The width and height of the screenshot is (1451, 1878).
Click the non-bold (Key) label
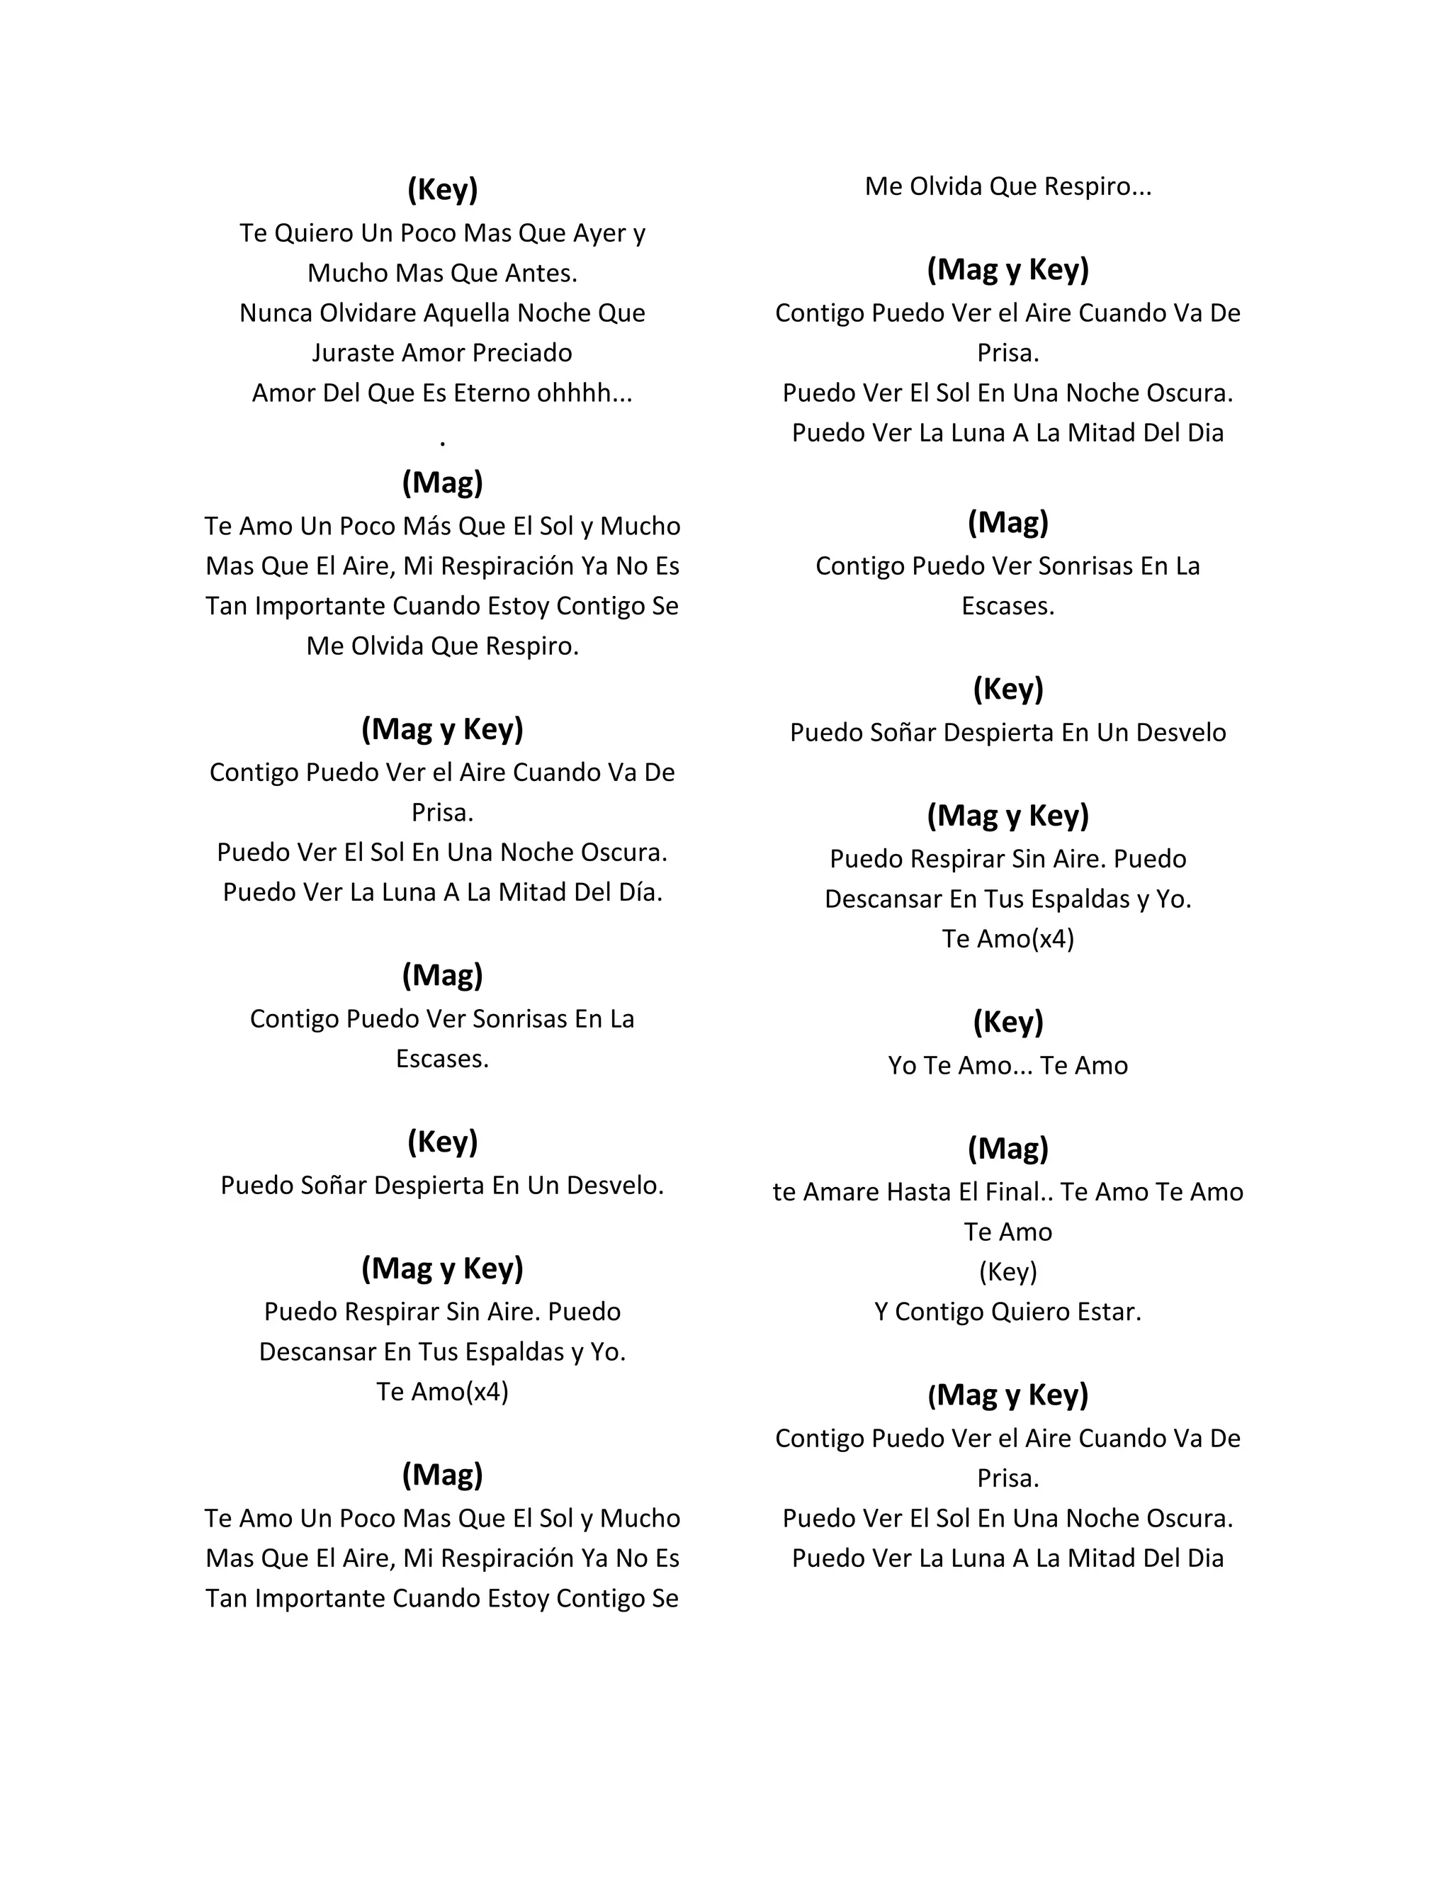pos(1007,1272)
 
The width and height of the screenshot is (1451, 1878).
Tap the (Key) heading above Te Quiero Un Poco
pos(443,189)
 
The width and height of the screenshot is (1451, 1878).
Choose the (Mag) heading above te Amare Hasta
pos(1007,1148)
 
